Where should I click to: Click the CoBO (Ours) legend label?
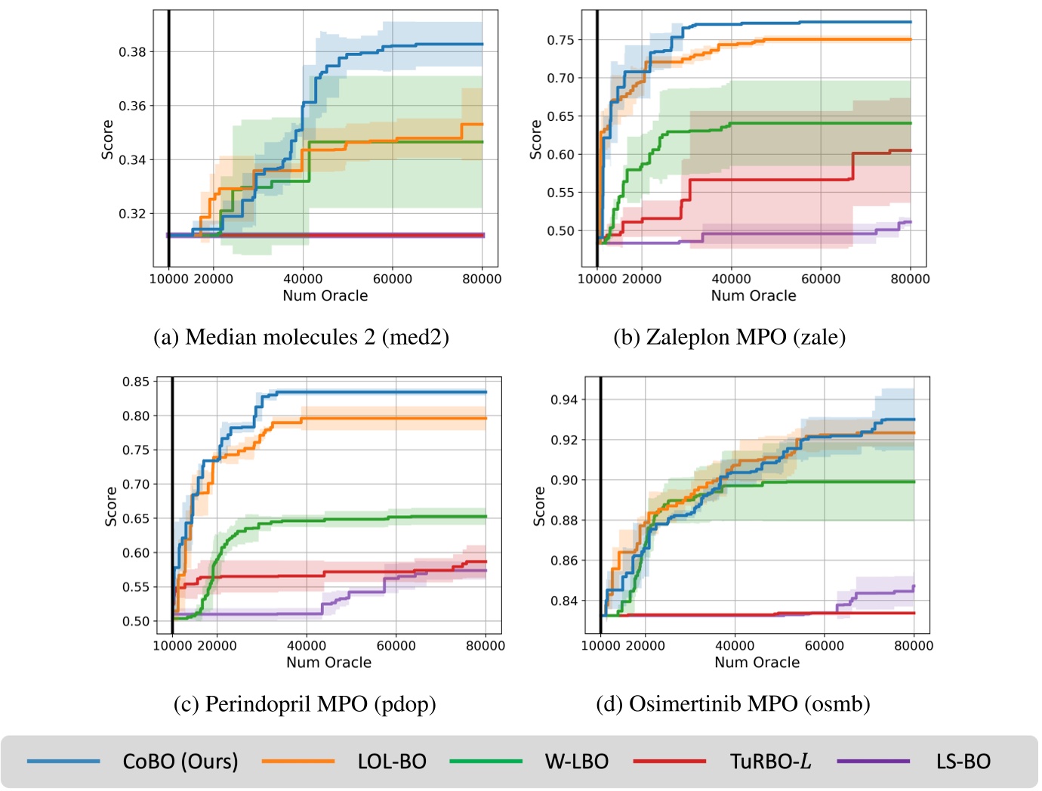pyautogui.click(x=180, y=762)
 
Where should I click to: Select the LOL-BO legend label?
pyautogui.click(x=392, y=762)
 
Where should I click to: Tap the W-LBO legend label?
pyautogui.click(x=577, y=762)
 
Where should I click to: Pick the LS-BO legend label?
pyautogui.click(x=963, y=762)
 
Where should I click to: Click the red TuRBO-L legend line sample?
pyautogui.click(x=669, y=762)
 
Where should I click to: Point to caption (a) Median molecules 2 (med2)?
pyautogui.click(x=301, y=336)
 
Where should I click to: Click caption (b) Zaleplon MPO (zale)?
pyautogui.click(x=729, y=336)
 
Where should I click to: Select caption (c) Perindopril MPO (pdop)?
pyautogui.click(x=304, y=704)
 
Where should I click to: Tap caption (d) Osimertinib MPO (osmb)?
pyautogui.click(x=733, y=704)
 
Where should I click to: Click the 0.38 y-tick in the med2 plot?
pyautogui.click(x=132, y=52)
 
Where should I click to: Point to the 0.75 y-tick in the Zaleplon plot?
pyautogui.click(x=560, y=40)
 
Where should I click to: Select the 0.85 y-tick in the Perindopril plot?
pyautogui.click(x=136, y=382)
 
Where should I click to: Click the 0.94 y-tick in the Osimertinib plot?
pyautogui.click(x=564, y=400)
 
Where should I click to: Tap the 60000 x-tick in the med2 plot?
pyautogui.click(x=393, y=279)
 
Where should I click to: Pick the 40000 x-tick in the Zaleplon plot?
pyautogui.click(x=731, y=279)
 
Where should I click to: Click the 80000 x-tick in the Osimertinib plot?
pyautogui.click(x=914, y=646)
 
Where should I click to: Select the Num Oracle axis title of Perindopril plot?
pyautogui.click(x=328, y=663)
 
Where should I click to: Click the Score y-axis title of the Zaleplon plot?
pyautogui.click(x=536, y=139)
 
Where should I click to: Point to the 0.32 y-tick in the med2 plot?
pyautogui.click(x=132, y=214)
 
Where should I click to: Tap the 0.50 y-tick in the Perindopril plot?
pyautogui.click(x=136, y=621)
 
